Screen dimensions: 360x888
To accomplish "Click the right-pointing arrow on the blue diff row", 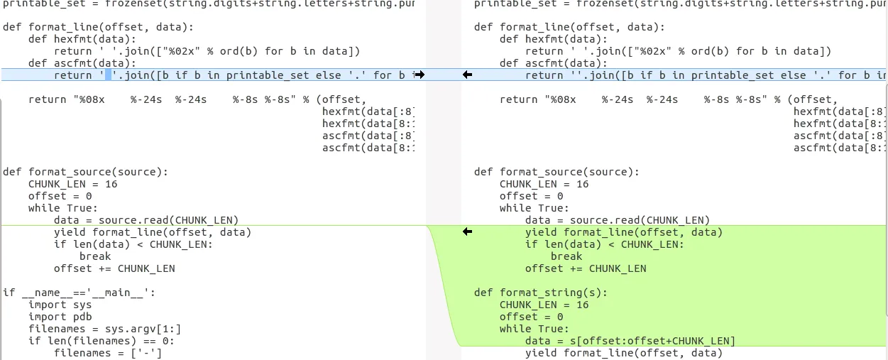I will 420,75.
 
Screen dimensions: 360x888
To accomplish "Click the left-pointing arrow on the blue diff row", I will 467,75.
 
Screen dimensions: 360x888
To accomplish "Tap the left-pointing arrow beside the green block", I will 467,232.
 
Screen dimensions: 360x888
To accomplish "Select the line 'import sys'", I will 60,305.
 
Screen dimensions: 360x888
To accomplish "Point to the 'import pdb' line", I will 60,317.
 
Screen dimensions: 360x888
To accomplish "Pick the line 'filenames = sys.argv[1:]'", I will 105,329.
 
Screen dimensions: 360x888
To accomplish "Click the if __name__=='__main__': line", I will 79,293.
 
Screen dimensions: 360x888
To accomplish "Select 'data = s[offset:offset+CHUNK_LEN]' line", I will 630,341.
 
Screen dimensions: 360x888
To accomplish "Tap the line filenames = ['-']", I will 108,353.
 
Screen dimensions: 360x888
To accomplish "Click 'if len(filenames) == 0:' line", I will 102,341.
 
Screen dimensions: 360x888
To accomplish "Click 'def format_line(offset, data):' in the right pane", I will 569,27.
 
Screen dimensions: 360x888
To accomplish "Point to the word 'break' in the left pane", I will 95,256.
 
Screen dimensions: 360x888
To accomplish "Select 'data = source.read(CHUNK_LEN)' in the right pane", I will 618,220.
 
